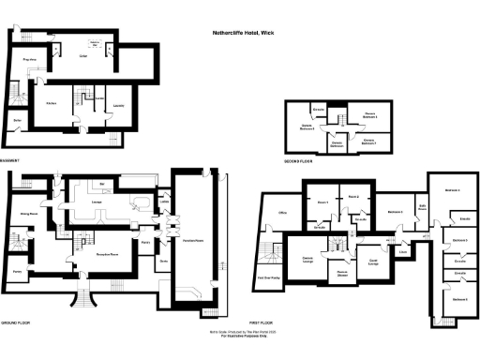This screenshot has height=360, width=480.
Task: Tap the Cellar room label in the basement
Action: point(82,56)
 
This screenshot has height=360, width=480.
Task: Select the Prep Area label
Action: point(29,59)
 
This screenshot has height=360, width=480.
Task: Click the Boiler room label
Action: point(17,120)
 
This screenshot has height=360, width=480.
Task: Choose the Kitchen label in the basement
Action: point(52,104)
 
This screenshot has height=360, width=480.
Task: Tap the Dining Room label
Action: point(27,214)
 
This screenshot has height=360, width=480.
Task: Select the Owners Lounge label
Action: point(307,258)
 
